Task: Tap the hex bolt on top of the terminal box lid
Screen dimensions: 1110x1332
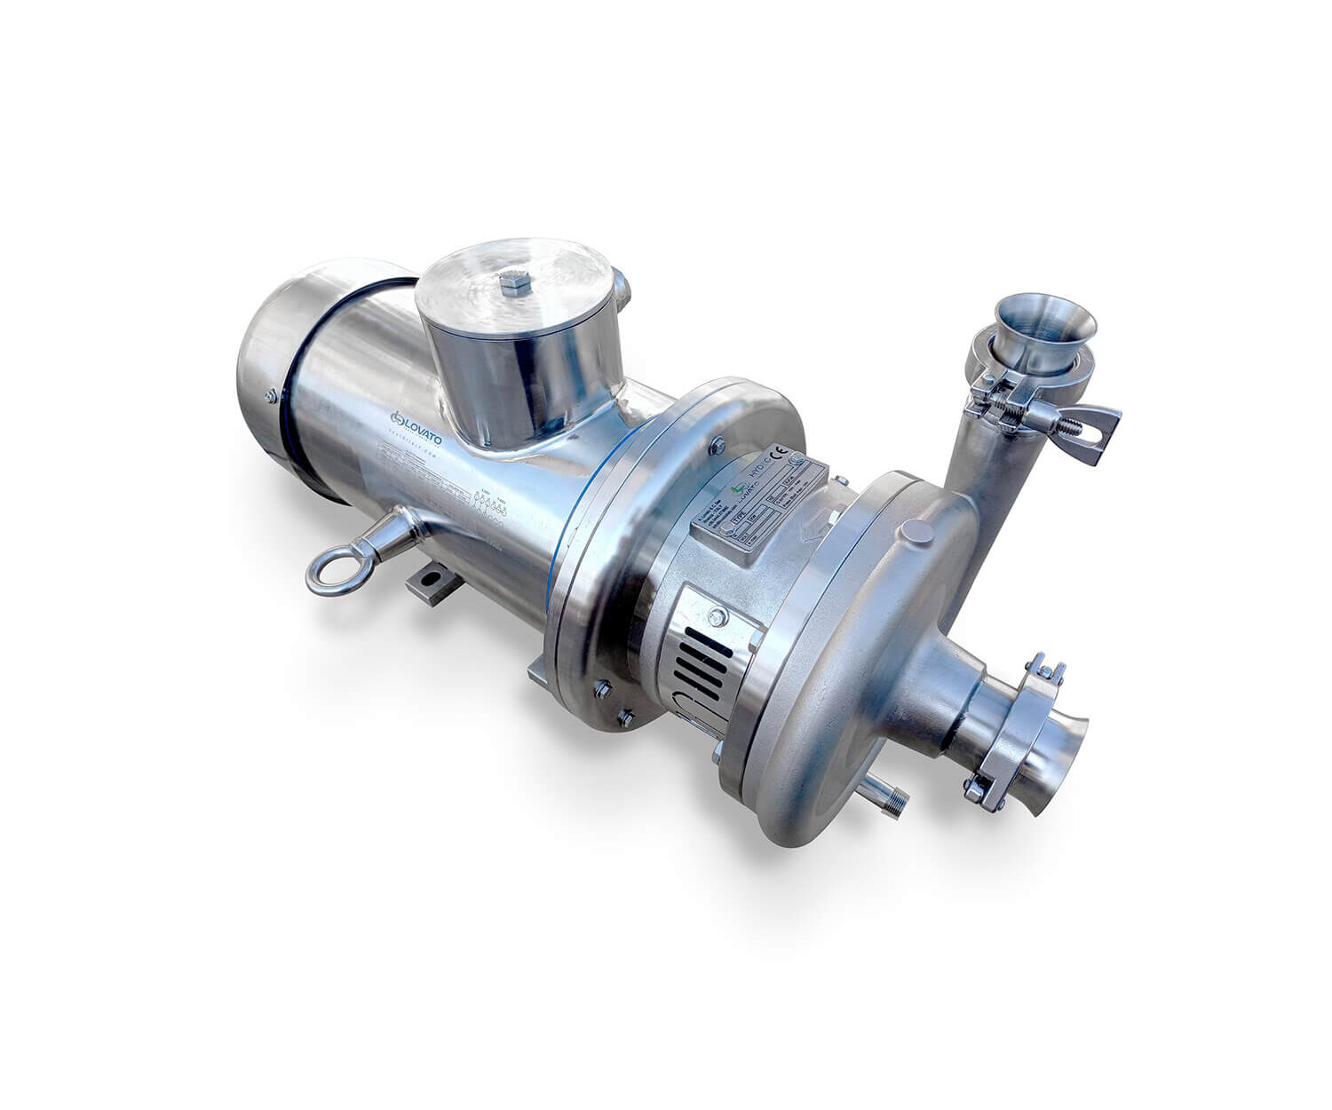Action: coord(515,283)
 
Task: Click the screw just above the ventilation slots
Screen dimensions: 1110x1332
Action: coord(718,615)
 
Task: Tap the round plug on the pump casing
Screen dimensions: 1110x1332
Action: coord(917,533)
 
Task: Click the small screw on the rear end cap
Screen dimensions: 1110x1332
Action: coord(271,396)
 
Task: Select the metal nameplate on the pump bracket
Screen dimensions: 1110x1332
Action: coord(760,502)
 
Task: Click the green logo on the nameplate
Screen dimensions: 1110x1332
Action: coord(738,488)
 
